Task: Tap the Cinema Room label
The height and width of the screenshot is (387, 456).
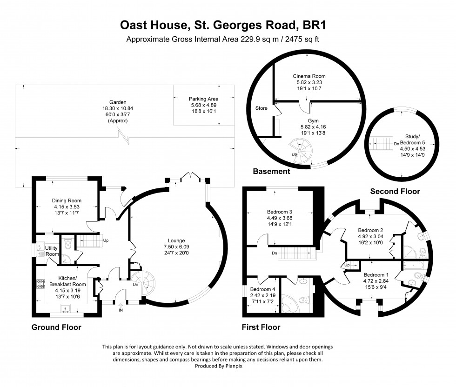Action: pos(308,76)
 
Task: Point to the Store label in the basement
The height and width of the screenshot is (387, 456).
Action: pos(261,108)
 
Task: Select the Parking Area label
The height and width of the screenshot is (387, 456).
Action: pos(203,99)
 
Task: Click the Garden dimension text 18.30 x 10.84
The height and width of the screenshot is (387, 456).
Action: pos(114,107)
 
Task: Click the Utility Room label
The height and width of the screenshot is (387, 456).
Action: pos(52,251)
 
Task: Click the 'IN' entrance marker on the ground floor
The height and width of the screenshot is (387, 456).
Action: pos(121,310)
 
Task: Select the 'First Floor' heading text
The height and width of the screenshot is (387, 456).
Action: pos(261,327)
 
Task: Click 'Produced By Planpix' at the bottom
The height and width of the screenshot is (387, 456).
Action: pos(228,367)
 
